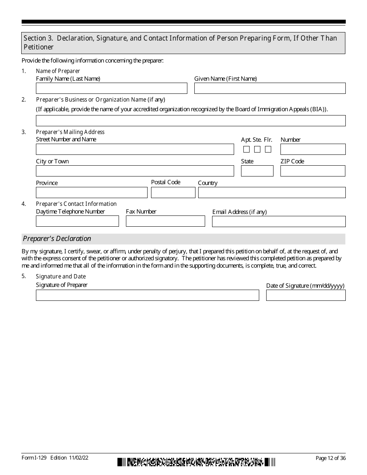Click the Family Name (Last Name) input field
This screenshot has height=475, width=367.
111,88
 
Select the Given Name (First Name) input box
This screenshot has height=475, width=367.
270,88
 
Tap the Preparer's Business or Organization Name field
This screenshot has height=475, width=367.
190,121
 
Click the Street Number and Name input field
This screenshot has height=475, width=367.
135,149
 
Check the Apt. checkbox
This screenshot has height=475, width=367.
246,149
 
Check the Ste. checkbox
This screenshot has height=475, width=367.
257,149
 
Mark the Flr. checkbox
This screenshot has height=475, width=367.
268,149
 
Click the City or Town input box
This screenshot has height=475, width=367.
135,171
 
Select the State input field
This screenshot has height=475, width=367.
257,171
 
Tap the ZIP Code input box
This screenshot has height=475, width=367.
313,171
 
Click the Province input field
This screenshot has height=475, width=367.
92,193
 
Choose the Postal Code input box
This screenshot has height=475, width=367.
173,193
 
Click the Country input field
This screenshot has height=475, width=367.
272,193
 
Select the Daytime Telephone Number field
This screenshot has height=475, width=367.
77,221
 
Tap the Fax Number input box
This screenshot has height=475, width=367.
165,221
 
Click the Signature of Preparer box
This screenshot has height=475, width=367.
147,295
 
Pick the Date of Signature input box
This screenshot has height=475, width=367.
306,295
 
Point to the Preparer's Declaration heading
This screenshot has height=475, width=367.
57,239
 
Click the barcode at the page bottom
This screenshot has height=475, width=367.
196,462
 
